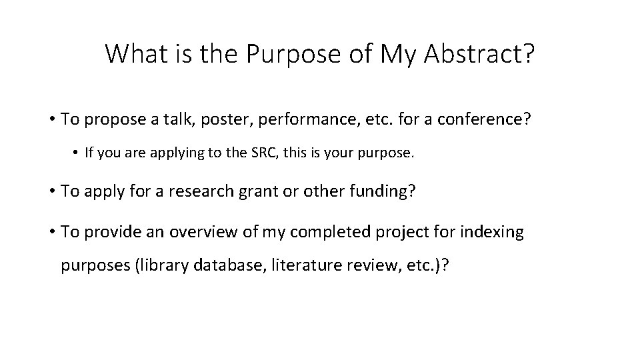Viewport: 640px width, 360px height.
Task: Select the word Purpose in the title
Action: point(293,54)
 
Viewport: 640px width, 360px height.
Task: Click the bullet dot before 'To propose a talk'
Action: point(51,120)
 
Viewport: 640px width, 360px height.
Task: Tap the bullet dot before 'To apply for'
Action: point(51,192)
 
